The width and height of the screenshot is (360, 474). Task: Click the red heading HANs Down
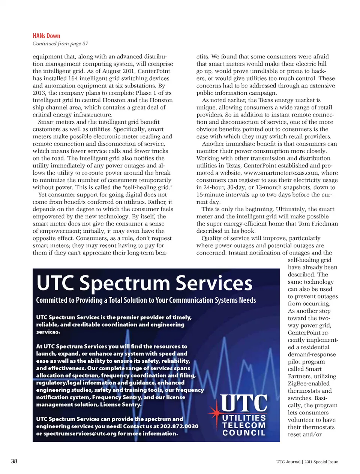coord(46,36)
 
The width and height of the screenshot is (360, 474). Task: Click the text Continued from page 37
coord(60,43)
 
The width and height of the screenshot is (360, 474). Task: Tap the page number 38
coord(14,461)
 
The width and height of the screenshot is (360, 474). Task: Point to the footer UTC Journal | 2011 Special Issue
coord(307,462)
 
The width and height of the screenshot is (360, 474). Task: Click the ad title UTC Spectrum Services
coord(144,283)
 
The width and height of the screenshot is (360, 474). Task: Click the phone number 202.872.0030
coord(179,426)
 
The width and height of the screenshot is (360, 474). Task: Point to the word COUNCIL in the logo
coord(244,433)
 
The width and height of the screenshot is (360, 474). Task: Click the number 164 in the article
coord(73,78)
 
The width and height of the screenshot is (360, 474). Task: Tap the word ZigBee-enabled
coord(309,383)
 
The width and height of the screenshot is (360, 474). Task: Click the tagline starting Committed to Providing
coord(146,300)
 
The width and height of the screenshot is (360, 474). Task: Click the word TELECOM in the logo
coord(244,425)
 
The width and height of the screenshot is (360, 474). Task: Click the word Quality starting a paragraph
coord(212,238)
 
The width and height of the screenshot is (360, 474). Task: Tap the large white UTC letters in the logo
coord(244,403)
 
